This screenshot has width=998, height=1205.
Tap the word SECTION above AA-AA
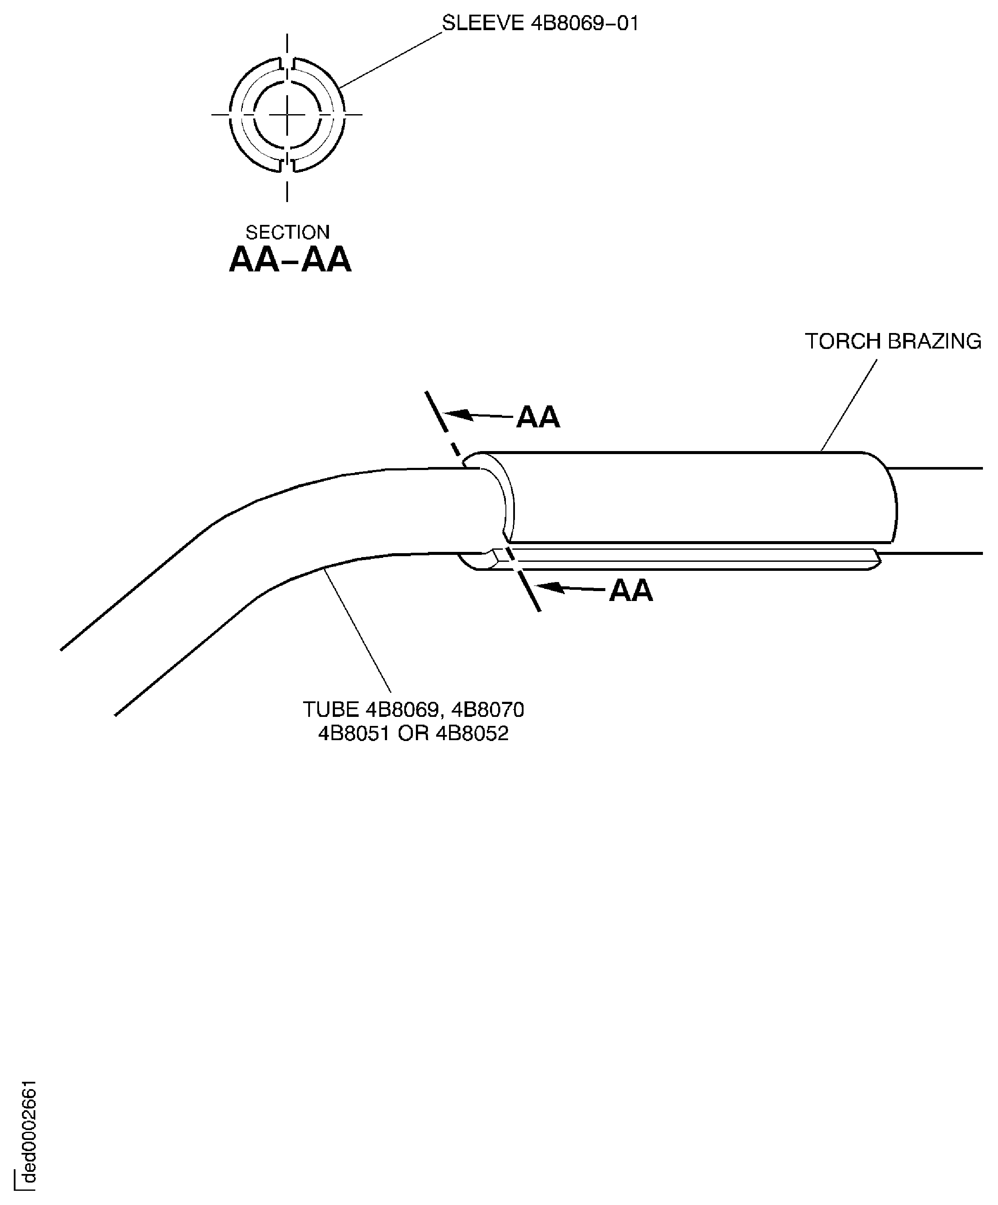point(287,232)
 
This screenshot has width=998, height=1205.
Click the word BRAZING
point(934,341)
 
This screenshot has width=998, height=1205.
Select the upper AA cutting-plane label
point(537,417)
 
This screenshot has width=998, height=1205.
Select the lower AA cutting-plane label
point(630,591)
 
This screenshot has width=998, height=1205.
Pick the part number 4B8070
point(487,710)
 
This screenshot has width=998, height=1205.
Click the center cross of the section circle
point(287,115)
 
